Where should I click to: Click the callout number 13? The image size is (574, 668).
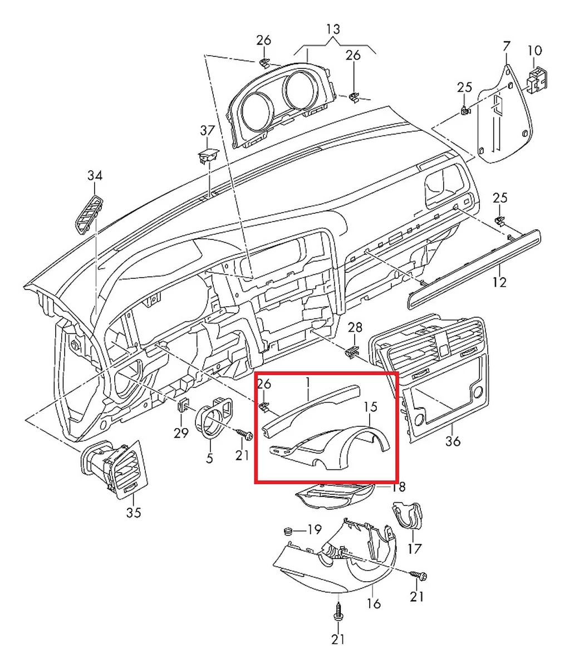[333, 29]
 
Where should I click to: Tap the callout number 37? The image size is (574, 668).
[207, 130]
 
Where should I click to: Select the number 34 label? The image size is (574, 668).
[95, 176]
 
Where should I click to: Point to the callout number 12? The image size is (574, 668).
[499, 282]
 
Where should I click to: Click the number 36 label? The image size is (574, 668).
[453, 441]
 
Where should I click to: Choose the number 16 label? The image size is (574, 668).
[374, 603]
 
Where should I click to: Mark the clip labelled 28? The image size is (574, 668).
[351, 351]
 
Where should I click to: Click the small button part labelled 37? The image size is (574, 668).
[208, 155]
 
